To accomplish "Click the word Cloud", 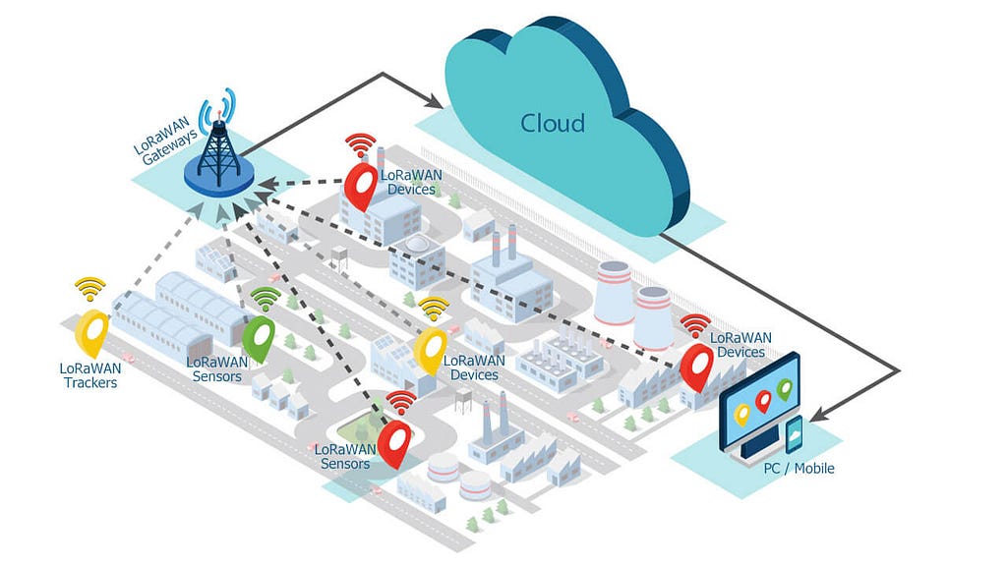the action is pos(553,123).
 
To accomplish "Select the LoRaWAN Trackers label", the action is pos(90,375).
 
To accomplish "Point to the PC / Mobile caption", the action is pos(799,469).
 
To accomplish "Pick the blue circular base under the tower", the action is pos(218,177).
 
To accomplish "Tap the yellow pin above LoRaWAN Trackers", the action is pos(91,333).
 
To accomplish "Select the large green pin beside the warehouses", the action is pos(259,338).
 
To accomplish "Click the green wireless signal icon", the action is pos(266,300).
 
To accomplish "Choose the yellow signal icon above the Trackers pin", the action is pos(89,289).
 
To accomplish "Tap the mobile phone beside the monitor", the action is pos(795,435).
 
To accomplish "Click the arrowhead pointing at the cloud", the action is pos(434,100).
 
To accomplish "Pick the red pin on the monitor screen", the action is pos(763,401).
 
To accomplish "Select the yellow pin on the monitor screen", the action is pos(741,415).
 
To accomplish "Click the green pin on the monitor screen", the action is pos(784,389).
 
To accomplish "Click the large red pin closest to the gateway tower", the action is pos(361,187).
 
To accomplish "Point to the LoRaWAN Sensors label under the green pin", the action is pos(217,369).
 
